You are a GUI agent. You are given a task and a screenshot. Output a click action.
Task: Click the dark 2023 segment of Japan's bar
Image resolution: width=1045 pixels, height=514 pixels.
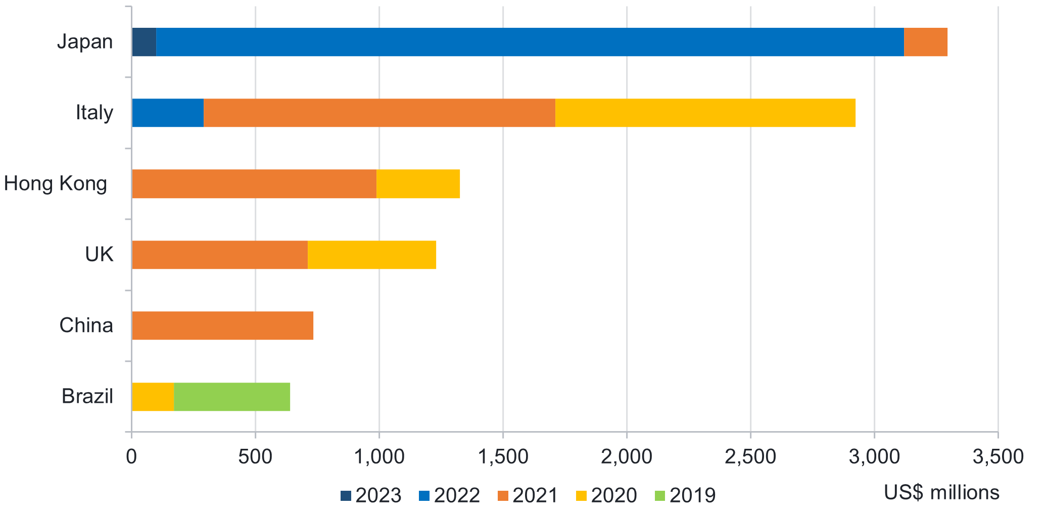click(144, 42)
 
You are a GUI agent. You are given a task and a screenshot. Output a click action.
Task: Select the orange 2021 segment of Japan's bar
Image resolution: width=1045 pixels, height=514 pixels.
click(925, 42)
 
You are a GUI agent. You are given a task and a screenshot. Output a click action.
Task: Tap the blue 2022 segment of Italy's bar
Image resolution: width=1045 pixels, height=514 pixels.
click(167, 113)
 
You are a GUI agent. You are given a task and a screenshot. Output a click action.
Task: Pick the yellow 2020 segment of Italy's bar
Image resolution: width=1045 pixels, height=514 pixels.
click(705, 113)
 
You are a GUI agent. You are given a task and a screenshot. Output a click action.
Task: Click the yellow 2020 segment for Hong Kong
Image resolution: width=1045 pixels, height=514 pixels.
click(418, 184)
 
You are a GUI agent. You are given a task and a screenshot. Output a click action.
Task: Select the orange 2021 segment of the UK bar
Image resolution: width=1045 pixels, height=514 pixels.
click(219, 255)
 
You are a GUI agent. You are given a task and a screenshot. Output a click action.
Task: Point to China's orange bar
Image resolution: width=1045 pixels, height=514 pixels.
click(222, 325)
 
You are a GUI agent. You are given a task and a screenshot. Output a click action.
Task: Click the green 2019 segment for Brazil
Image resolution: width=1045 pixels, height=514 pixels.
click(232, 397)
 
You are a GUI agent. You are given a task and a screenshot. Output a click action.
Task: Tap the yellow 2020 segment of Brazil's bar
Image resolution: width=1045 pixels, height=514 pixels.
click(153, 397)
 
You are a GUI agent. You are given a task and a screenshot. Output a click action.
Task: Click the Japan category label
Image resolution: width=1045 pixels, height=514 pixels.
click(85, 41)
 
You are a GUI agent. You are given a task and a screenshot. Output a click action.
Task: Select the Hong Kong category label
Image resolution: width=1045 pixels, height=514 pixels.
click(56, 183)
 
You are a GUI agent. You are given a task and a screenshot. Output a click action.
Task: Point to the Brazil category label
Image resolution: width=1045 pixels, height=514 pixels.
click(87, 396)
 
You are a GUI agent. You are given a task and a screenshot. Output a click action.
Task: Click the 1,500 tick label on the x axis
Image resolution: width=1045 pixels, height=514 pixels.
click(503, 457)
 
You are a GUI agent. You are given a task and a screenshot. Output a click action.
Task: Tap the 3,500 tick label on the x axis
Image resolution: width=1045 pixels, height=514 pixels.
click(998, 457)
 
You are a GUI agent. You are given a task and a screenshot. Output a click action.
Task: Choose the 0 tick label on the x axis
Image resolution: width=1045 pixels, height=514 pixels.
click(131, 457)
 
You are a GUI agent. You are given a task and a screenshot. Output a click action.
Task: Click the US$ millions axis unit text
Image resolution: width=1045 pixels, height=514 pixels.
click(941, 492)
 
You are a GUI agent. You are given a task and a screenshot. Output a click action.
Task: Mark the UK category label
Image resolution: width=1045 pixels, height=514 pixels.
click(99, 254)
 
